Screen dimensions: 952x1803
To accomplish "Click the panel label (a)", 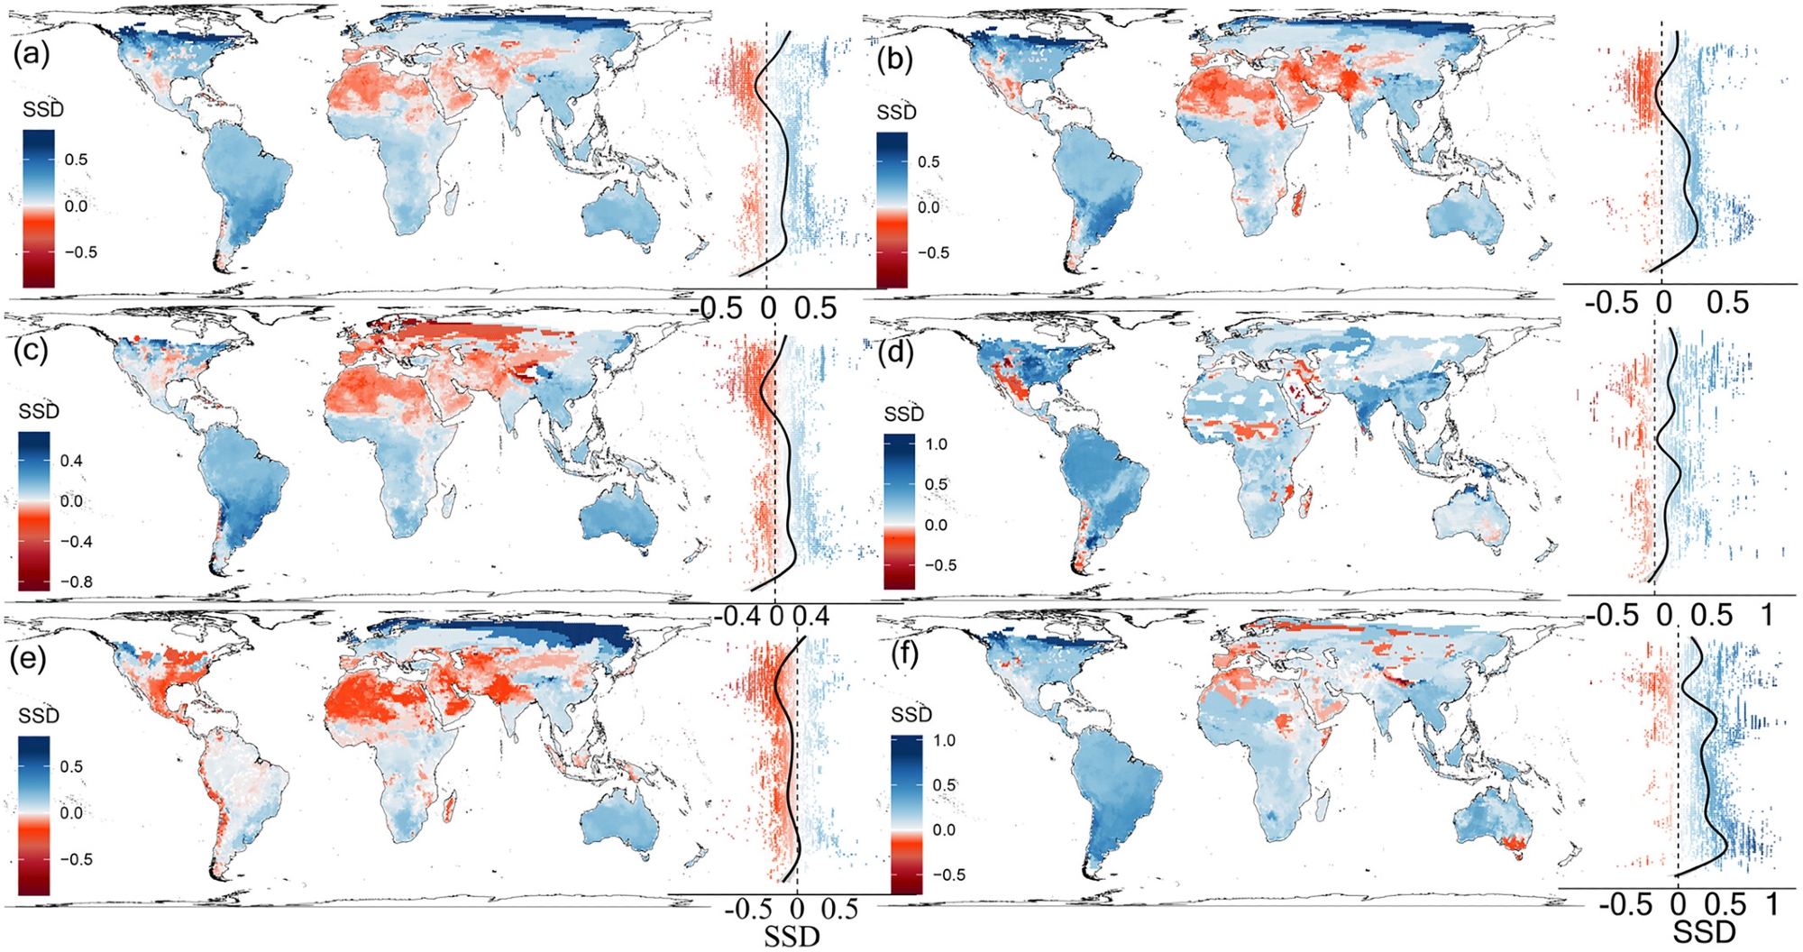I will click(x=31, y=55).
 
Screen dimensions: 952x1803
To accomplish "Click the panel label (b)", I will click(x=893, y=59).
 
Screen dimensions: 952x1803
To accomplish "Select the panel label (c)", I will click(x=31, y=350).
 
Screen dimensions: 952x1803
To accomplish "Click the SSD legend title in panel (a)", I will click(x=43, y=110).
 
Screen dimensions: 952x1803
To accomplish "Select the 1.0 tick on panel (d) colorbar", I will click(x=936, y=444).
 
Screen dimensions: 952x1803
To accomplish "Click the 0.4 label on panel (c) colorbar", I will click(x=71, y=461).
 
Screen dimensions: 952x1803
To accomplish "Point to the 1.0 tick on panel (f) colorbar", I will click(x=943, y=740).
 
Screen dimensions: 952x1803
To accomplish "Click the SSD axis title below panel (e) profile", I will click(x=792, y=937).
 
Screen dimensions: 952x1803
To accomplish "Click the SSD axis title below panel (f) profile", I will click(x=1703, y=932).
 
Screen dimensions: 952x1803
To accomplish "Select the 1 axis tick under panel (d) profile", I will click(x=1767, y=616).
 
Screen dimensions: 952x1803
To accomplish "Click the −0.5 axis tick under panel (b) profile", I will click(x=1611, y=303).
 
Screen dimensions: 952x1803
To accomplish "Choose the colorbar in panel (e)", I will click(x=34, y=815).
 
